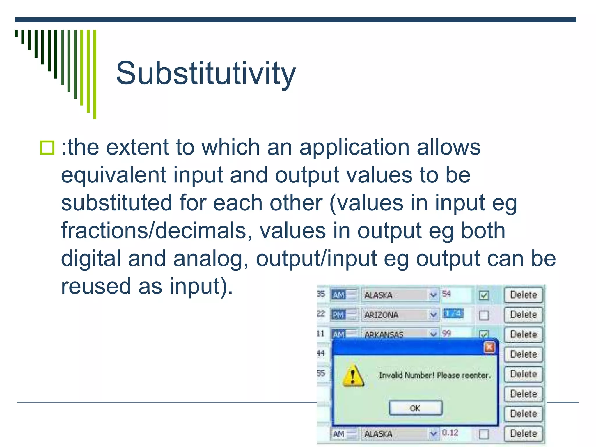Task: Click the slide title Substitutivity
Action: (206, 73)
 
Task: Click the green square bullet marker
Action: (47, 148)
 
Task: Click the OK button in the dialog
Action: (416, 408)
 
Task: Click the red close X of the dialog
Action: (489, 347)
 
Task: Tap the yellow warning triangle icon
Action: (353, 376)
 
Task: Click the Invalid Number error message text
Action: (435, 375)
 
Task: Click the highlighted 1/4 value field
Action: (453, 313)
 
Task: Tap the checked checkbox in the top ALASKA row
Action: (484, 295)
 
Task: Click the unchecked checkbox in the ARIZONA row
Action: (484, 315)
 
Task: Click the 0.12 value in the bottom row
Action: (450, 433)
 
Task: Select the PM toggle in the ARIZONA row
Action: (339, 315)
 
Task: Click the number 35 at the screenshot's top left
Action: (320, 294)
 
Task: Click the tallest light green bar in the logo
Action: (95, 74)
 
